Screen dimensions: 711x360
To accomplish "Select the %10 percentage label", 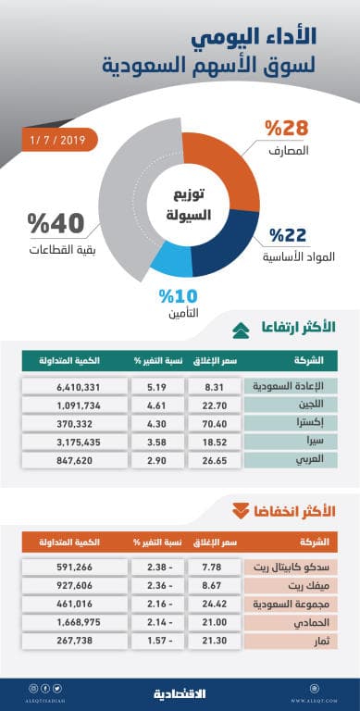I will coord(176,297).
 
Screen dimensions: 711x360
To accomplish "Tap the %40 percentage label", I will coord(56,224).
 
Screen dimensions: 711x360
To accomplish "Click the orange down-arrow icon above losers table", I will coord(239,510).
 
